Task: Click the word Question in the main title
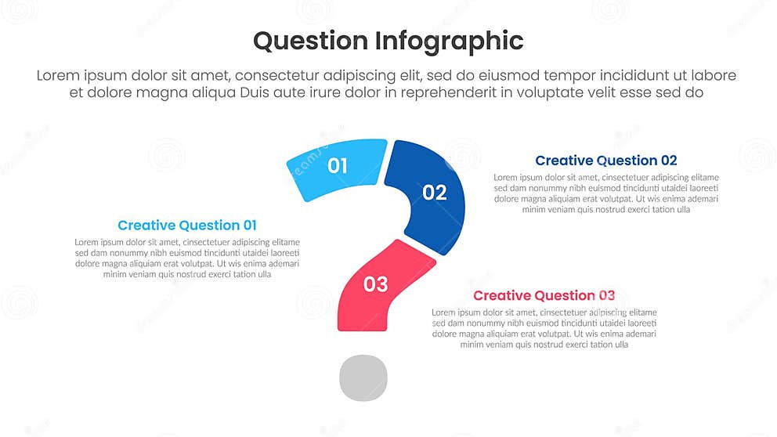[310, 41]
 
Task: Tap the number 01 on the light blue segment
[338, 165]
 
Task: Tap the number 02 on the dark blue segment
[435, 192]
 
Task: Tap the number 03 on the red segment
[376, 284]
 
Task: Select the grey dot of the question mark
[363, 377]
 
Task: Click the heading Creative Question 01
[187, 226]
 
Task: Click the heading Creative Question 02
[605, 161]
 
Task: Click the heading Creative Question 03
[544, 295]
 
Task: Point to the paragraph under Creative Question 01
[187, 258]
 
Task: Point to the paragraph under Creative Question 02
[605, 193]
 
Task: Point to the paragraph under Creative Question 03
[544, 328]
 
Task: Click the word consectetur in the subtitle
[285, 76]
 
